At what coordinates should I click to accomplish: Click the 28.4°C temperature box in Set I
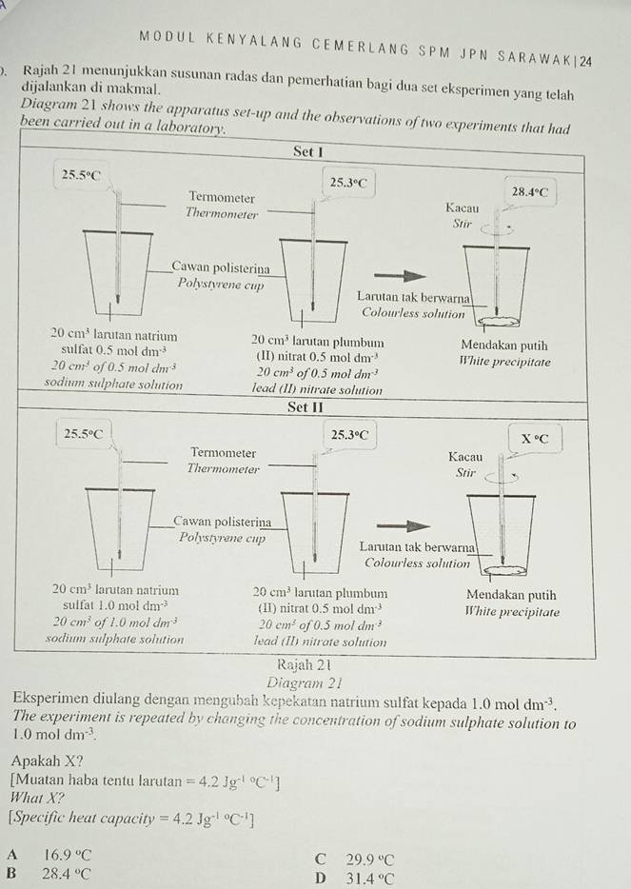coord(531,191)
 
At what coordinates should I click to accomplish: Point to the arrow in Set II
coord(398,524)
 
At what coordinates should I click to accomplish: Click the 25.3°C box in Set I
coord(348,182)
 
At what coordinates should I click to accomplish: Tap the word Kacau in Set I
coord(463,207)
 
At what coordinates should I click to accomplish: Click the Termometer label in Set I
coord(221,197)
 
